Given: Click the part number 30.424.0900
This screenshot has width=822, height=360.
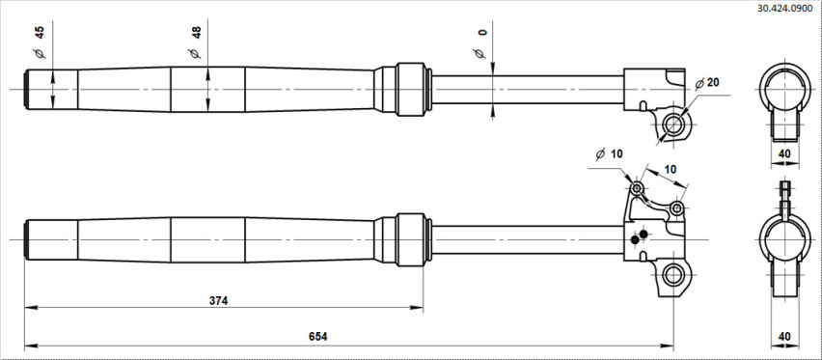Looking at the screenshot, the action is (788, 9).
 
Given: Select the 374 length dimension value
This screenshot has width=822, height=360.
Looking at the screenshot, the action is (219, 301).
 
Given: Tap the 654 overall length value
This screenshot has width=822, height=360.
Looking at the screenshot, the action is (317, 337).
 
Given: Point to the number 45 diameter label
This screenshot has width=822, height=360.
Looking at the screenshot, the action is (40, 33).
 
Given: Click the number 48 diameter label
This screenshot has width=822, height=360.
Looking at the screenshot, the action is (197, 33).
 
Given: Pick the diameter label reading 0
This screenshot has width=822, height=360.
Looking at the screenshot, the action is (482, 33).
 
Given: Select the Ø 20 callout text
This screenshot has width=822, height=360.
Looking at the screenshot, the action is (707, 83).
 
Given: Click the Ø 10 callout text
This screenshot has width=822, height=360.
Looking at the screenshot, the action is (609, 153).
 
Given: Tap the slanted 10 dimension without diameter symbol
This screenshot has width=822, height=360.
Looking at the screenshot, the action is (671, 169).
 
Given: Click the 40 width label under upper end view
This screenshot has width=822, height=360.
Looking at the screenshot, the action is (784, 153).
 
